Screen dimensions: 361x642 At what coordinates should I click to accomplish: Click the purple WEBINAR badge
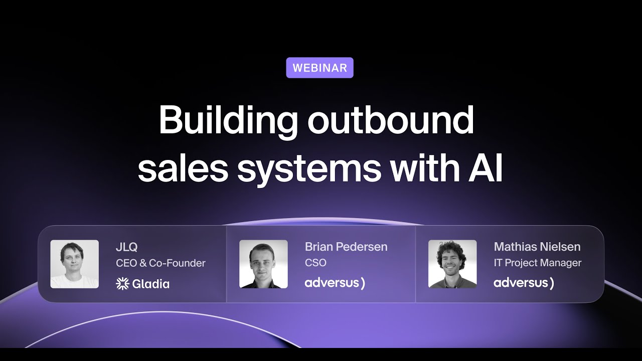coord(319,68)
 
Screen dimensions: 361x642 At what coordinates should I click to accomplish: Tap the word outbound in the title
coord(391,121)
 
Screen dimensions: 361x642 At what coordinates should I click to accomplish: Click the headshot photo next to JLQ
coord(74,264)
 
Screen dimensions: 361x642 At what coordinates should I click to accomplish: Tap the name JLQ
coord(126,247)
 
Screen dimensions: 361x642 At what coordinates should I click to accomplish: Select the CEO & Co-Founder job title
coord(160,263)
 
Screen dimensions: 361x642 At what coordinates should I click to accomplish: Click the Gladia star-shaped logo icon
coord(122,284)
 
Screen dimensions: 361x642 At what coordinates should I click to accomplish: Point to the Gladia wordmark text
coord(151,284)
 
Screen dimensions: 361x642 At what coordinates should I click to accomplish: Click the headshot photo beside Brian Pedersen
coord(263,264)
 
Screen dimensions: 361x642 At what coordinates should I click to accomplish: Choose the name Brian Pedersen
coord(346,247)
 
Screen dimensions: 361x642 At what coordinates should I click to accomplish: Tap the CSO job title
coord(315,263)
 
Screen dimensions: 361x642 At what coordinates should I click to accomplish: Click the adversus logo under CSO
coord(335,283)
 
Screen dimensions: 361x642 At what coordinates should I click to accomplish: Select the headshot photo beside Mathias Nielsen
coord(452,264)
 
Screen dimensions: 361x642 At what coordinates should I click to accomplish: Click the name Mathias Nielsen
coord(537,247)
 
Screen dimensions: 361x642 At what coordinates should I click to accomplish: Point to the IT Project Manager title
coord(538,263)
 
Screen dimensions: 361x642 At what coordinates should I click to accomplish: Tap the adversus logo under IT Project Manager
coord(524,283)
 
